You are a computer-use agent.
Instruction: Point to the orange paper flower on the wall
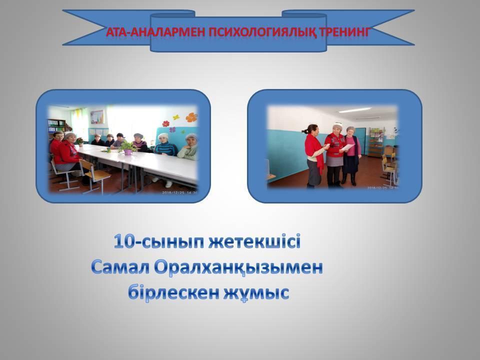click(191, 117)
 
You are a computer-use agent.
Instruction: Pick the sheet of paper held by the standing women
click(345, 148)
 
